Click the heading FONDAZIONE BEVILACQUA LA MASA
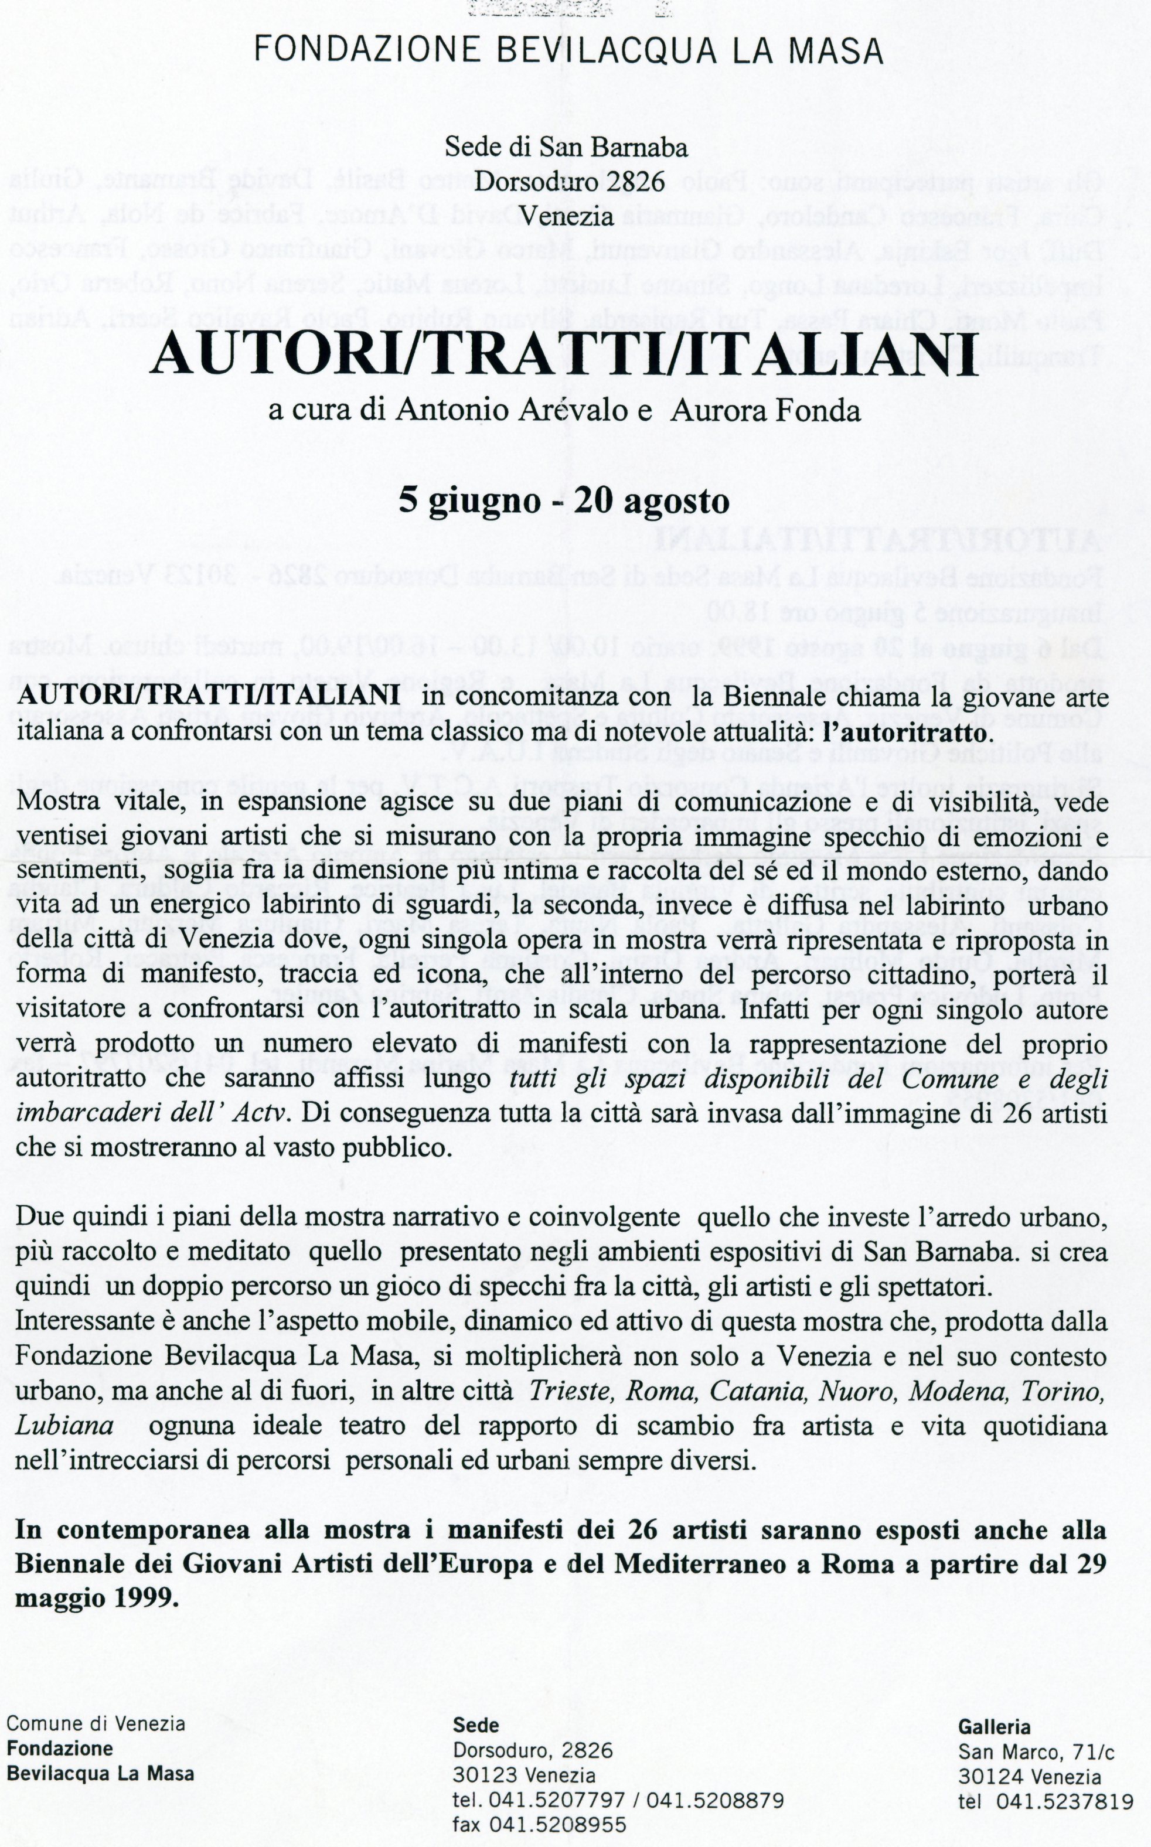568,51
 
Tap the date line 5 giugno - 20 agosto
564,501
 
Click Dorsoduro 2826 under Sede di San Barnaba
566,182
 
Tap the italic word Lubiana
64,1426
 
